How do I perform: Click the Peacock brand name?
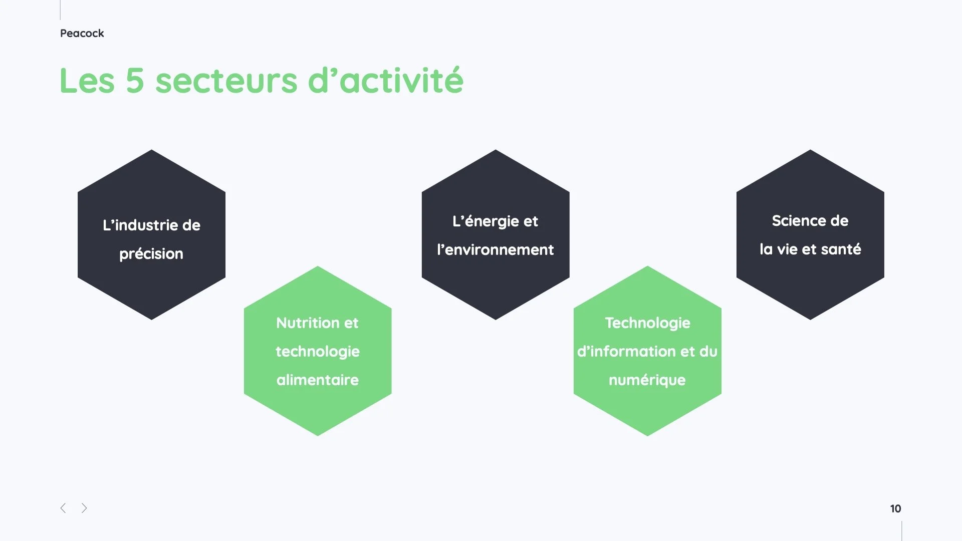[82, 34]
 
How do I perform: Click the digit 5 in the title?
[135, 81]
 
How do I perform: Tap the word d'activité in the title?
[386, 81]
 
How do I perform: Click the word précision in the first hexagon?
[151, 254]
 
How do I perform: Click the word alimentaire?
[318, 380]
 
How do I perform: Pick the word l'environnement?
[496, 250]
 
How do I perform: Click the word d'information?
[626, 352]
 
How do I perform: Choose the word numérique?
[647, 380]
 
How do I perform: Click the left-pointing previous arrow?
[63, 508]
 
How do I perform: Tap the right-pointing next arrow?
[84, 508]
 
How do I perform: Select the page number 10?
[895, 509]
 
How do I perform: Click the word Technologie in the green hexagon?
[647, 323]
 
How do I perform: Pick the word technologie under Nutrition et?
[318, 352]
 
